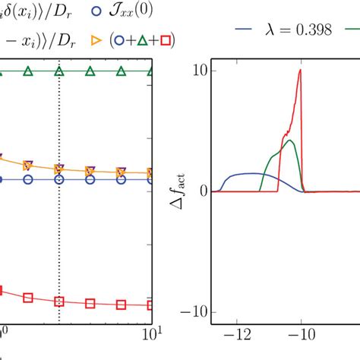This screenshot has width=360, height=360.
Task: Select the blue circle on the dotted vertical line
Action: pos(59,180)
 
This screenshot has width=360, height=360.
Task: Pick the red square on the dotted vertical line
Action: pos(59,302)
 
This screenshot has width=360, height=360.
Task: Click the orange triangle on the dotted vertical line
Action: pos(59,168)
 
